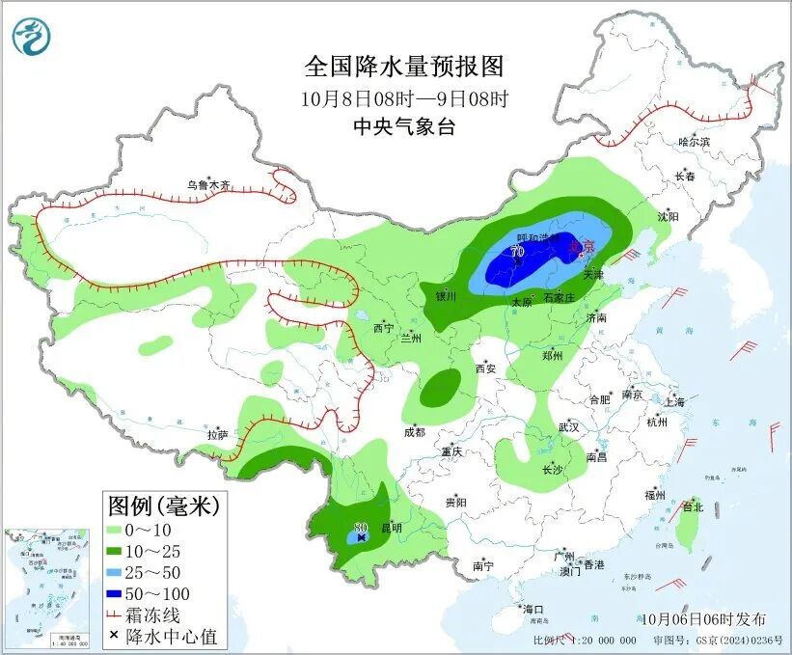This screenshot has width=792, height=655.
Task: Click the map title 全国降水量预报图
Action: (404, 67)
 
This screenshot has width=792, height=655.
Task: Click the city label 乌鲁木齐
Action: (209, 184)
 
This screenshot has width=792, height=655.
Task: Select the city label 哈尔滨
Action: (694, 142)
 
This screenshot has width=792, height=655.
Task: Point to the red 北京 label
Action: (580, 247)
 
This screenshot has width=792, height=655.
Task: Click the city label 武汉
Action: (568, 426)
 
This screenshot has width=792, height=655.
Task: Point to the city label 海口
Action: (533, 609)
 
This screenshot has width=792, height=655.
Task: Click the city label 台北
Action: (692, 506)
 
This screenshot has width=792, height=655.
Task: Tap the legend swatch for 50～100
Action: (123, 593)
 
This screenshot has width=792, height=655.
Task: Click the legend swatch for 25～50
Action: (123, 572)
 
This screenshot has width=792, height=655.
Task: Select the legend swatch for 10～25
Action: (123, 551)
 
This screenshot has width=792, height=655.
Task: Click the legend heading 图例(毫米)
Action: (164, 505)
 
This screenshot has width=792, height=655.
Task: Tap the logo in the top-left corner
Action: (31, 37)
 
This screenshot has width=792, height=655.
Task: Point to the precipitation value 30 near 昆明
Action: (361, 527)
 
